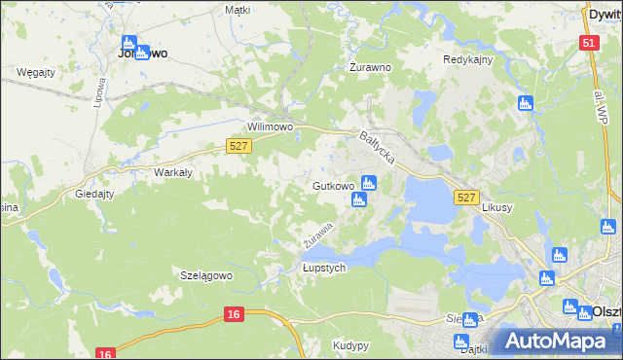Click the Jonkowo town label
click(141, 54)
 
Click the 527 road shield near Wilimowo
click(239, 146)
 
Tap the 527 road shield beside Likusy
click(466, 198)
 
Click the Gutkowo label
click(333, 185)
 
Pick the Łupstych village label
click(323, 269)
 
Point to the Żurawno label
click(370, 68)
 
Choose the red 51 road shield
click(588, 44)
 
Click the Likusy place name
click(496, 209)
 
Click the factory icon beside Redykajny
click(527, 102)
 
